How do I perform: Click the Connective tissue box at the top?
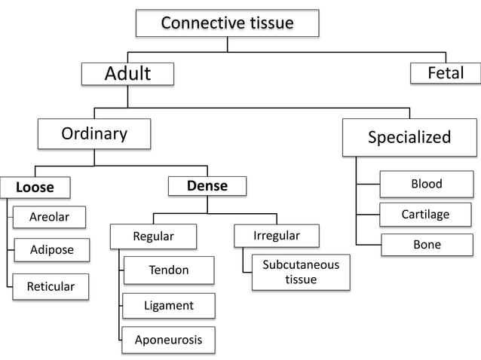[227, 23]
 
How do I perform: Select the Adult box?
[127, 74]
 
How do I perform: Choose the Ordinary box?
[94, 134]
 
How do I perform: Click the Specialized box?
[409, 136]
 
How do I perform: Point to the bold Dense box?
[207, 185]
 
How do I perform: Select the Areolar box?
[49, 217]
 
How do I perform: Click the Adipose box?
[51, 249]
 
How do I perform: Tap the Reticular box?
[51, 286]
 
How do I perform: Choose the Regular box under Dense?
[153, 236]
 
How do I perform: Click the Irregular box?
[277, 236]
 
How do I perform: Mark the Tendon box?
[169, 270]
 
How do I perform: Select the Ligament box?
[169, 305]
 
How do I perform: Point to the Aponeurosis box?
[168, 340]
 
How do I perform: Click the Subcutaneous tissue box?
[300, 272]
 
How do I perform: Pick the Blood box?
[426, 184]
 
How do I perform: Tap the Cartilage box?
[425, 215]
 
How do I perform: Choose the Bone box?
[427, 245]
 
